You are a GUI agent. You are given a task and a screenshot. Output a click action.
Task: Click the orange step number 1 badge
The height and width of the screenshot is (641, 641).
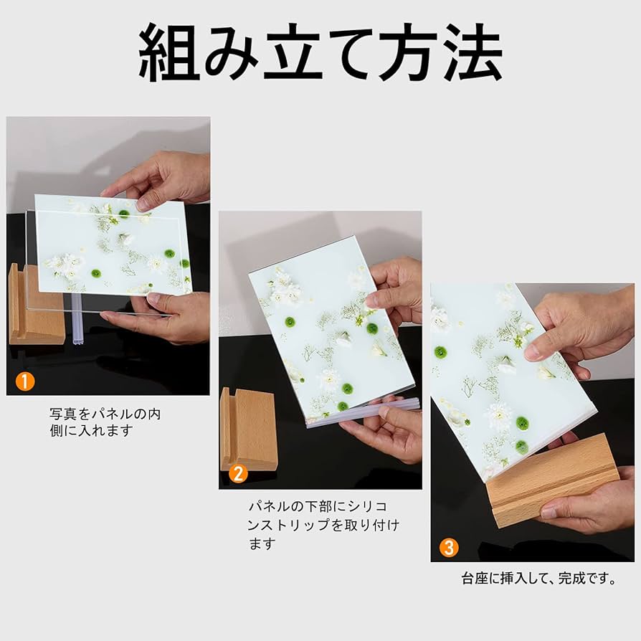point(25,381)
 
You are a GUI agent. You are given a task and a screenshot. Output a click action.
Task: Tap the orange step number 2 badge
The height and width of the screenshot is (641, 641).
point(238,474)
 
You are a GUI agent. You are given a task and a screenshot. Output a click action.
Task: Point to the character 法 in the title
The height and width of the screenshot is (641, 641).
point(467,53)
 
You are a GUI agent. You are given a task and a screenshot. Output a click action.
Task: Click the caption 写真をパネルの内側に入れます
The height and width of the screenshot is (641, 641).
point(105,422)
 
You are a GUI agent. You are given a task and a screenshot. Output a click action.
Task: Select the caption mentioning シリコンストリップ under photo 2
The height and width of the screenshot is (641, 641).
point(323,525)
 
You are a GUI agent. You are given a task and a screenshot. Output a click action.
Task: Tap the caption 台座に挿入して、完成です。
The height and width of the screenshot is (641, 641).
point(538,579)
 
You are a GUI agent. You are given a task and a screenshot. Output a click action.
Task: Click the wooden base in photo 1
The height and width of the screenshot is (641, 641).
point(35,305)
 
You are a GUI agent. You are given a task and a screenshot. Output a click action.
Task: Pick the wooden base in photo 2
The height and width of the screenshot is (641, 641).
point(247,431)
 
